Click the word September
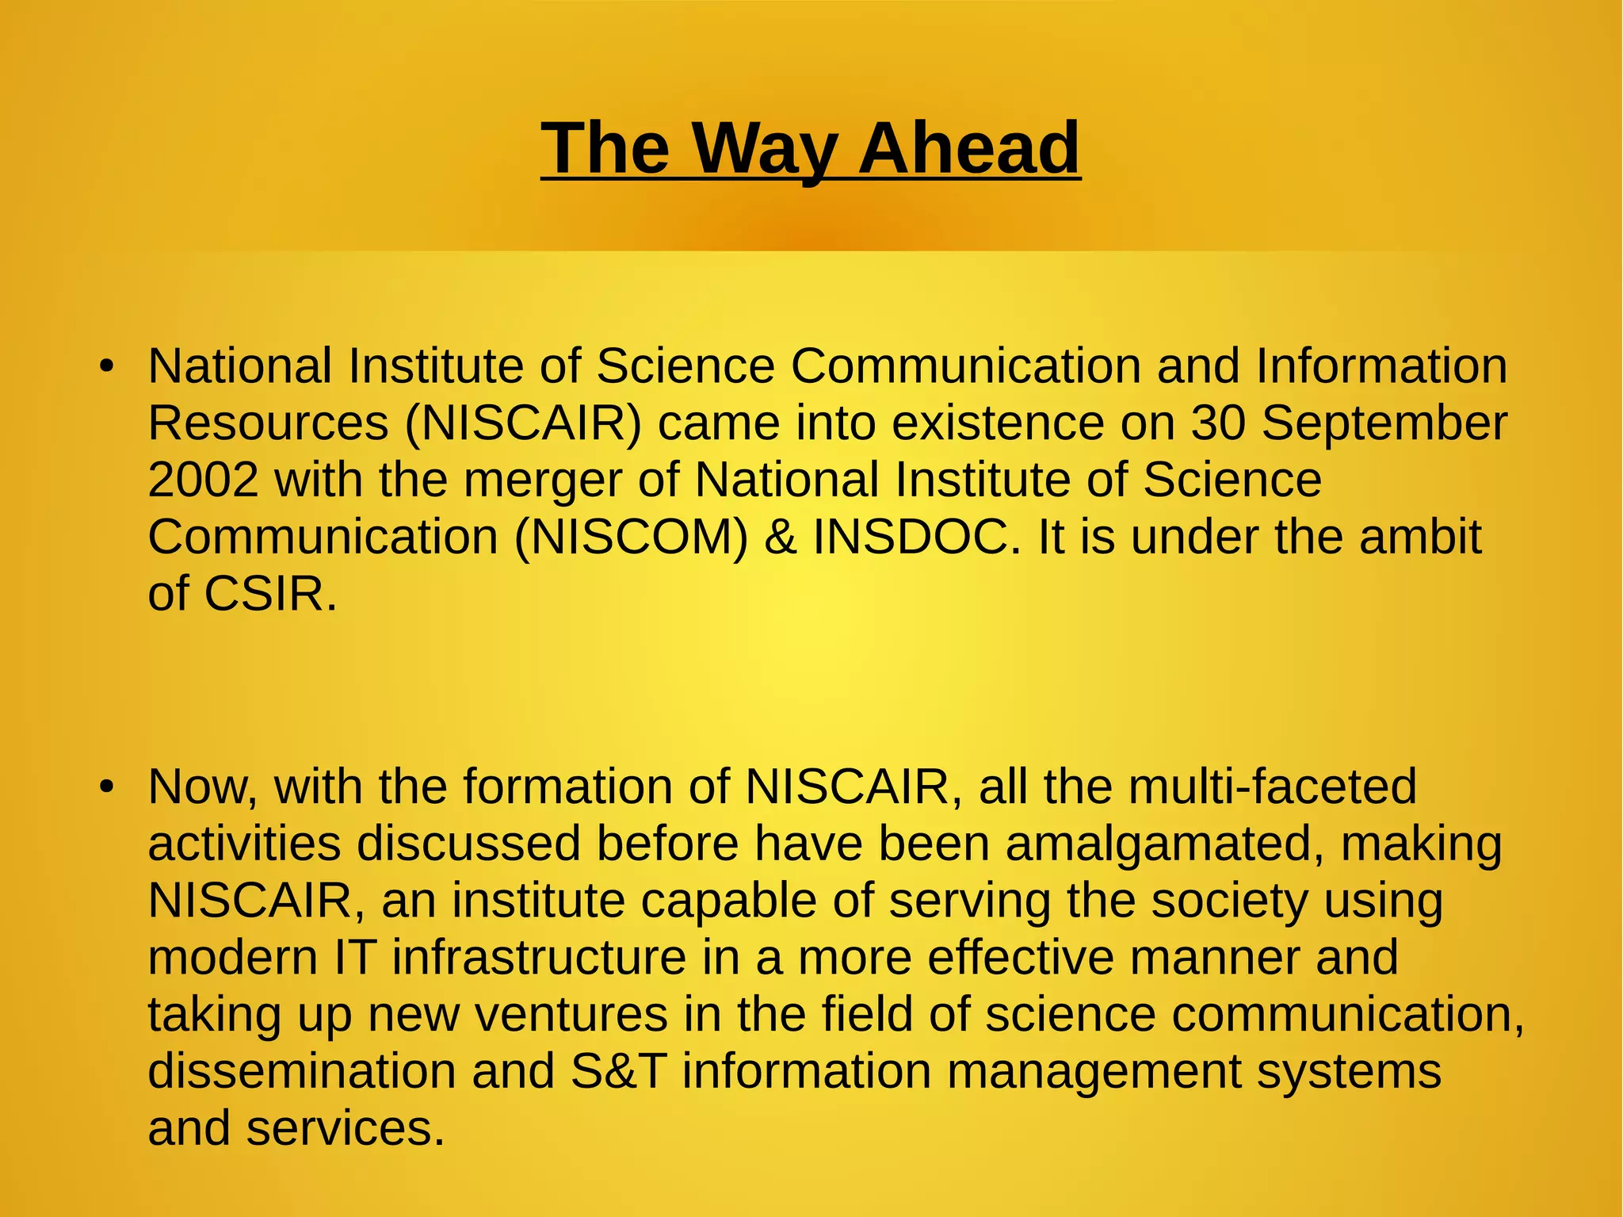pos(1384,423)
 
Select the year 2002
pos(203,480)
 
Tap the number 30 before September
pos(1218,423)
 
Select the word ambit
pos(1420,537)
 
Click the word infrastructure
pos(538,957)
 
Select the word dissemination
pos(302,1071)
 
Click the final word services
pos(345,1128)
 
